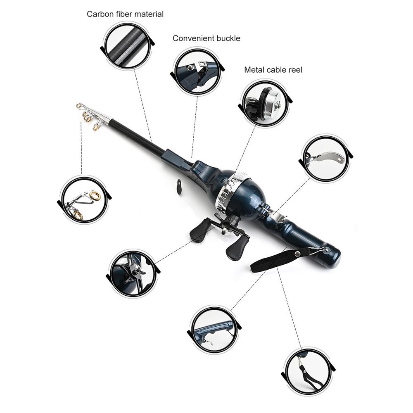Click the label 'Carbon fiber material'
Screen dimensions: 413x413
click(x=125, y=14)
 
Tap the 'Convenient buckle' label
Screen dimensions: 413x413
click(x=206, y=38)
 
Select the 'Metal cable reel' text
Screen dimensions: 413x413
click(x=273, y=70)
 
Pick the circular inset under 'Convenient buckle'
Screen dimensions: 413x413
click(x=196, y=71)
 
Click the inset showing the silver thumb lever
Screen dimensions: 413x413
click(x=326, y=158)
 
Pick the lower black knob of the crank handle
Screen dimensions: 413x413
click(x=237, y=250)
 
